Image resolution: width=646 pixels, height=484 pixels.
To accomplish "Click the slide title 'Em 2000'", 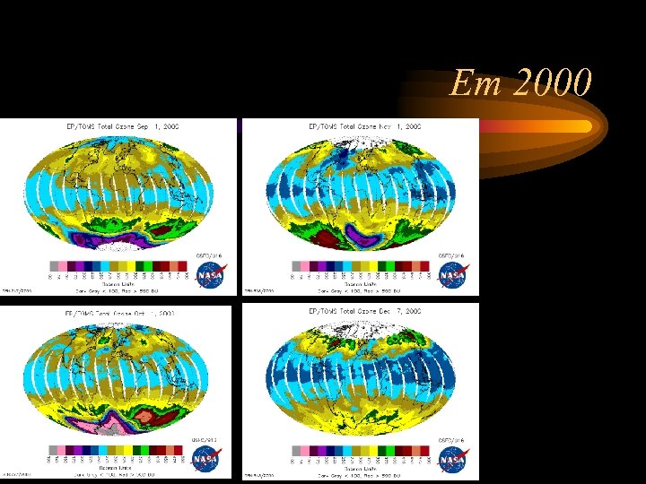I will [521, 84].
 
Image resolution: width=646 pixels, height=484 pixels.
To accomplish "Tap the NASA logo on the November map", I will [452, 275].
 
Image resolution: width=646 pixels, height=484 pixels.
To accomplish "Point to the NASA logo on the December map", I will [452, 461].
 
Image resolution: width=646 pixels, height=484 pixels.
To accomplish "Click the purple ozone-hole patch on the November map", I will [365, 238].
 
